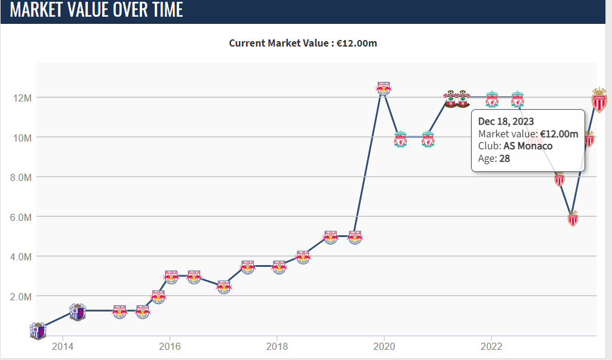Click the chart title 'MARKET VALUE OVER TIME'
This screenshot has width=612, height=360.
coord(97,10)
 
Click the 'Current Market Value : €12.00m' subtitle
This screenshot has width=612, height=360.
coord(303,43)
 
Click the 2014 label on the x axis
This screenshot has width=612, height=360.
coord(63,346)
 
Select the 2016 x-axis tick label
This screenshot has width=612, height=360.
coord(170,346)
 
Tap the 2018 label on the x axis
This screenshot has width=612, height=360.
coord(276,346)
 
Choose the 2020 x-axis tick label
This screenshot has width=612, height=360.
coord(384,346)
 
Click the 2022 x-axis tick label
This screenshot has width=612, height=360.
coord(491,346)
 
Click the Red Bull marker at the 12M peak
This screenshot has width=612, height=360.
coord(385,88)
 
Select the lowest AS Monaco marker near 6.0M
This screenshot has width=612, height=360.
coord(573,219)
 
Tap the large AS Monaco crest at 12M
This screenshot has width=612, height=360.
coord(599,99)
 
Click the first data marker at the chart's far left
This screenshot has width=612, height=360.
coord(38,330)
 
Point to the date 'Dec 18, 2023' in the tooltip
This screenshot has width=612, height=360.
coord(506,122)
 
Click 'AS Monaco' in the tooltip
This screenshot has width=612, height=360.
coord(528,146)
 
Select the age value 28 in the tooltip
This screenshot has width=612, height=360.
coord(504,158)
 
